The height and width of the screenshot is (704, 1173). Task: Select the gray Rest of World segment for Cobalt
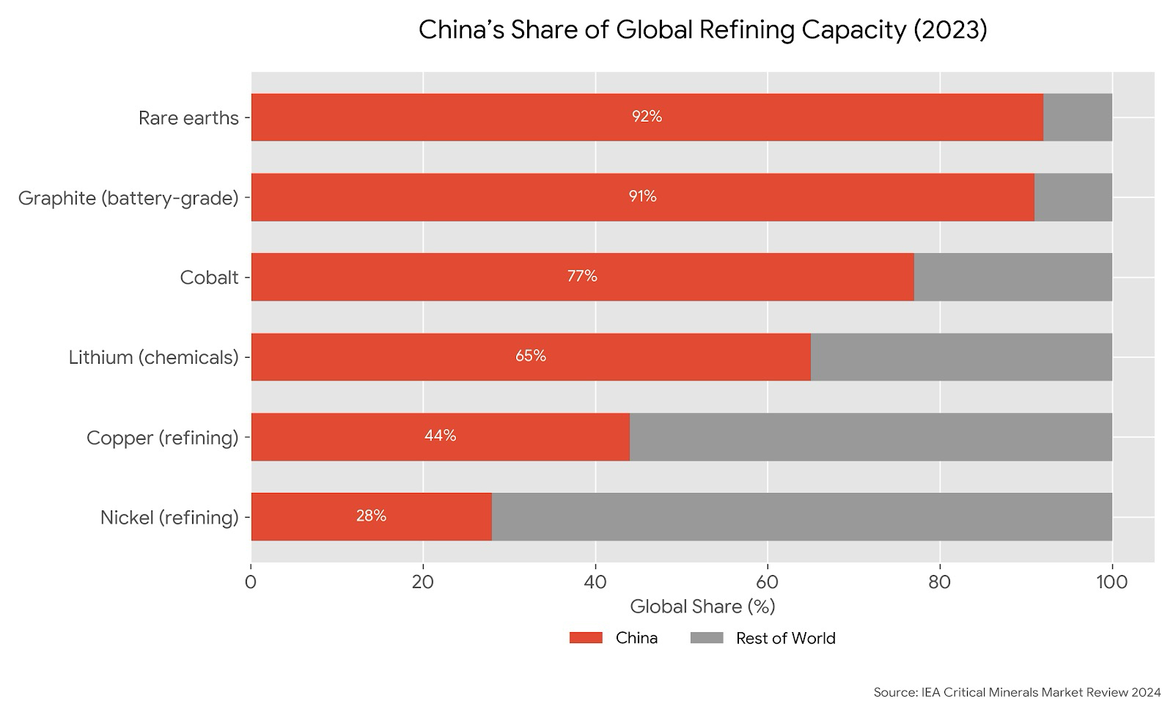[1012, 277]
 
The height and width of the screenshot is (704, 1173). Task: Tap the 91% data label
[642, 197]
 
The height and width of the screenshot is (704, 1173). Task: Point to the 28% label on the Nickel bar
[371, 516]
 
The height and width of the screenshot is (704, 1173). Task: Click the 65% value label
[530, 356]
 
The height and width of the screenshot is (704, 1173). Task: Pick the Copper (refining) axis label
[162, 438]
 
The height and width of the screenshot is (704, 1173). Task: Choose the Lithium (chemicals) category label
[153, 358]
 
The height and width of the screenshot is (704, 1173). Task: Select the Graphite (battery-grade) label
[128, 198]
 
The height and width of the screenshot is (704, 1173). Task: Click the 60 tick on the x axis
[768, 582]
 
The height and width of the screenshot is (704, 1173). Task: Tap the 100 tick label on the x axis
[1112, 582]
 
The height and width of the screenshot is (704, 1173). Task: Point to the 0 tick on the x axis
[251, 582]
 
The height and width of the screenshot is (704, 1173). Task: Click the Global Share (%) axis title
[702, 606]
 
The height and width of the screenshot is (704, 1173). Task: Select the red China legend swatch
[585, 638]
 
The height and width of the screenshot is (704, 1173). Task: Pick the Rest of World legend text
[785, 638]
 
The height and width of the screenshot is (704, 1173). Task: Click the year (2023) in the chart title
[951, 30]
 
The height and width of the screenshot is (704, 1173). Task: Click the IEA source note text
[1017, 692]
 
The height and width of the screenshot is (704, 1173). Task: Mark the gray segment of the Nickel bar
[801, 517]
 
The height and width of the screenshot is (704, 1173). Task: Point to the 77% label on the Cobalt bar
[582, 276]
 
